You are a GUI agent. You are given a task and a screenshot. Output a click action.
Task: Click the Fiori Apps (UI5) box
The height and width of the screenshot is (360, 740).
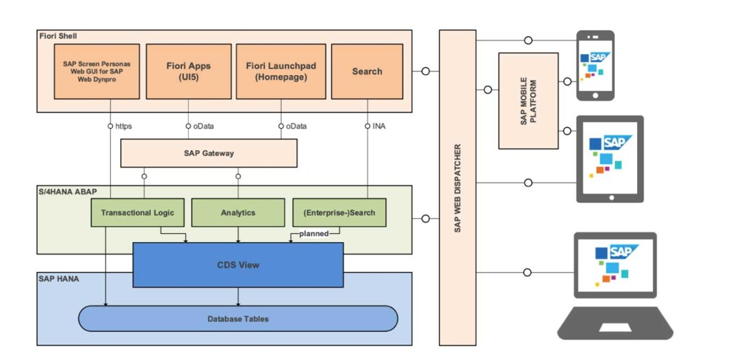(188, 71)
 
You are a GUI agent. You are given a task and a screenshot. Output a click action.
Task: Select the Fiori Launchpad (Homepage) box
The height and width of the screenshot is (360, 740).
(281, 71)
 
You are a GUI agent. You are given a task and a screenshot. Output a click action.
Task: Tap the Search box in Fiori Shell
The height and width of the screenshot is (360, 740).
(367, 71)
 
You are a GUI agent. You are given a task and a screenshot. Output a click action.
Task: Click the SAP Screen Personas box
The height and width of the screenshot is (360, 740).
(97, 71)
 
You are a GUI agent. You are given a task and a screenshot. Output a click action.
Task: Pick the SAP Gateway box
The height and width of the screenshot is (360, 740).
(209, 153)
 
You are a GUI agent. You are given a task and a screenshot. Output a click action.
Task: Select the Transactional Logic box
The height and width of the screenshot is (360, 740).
(138, 213)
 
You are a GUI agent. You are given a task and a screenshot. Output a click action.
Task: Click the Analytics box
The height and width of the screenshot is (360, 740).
(238, 213)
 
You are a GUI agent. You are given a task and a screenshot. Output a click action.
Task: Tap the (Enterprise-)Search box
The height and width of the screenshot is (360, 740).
(339, 213)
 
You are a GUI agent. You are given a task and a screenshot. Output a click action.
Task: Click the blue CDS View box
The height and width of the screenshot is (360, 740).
(238, 265)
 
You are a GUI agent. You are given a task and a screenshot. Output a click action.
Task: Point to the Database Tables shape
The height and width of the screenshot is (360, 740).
(238, 319)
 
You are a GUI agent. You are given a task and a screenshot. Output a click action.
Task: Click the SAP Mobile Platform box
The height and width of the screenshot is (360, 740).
(528, 101)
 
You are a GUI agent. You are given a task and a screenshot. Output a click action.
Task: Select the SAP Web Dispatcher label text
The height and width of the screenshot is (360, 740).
(458, 188)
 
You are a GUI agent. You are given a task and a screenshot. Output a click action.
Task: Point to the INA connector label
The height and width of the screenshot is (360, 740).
(379, 126)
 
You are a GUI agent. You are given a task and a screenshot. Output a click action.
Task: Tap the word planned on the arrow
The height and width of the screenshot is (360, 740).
(314, 234)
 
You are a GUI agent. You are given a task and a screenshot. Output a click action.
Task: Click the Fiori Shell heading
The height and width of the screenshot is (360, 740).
(58, 36)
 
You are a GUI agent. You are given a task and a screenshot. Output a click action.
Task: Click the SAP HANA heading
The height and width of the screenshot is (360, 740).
(59, 278)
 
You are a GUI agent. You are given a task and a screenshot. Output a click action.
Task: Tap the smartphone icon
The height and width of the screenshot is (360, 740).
(595, 66)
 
